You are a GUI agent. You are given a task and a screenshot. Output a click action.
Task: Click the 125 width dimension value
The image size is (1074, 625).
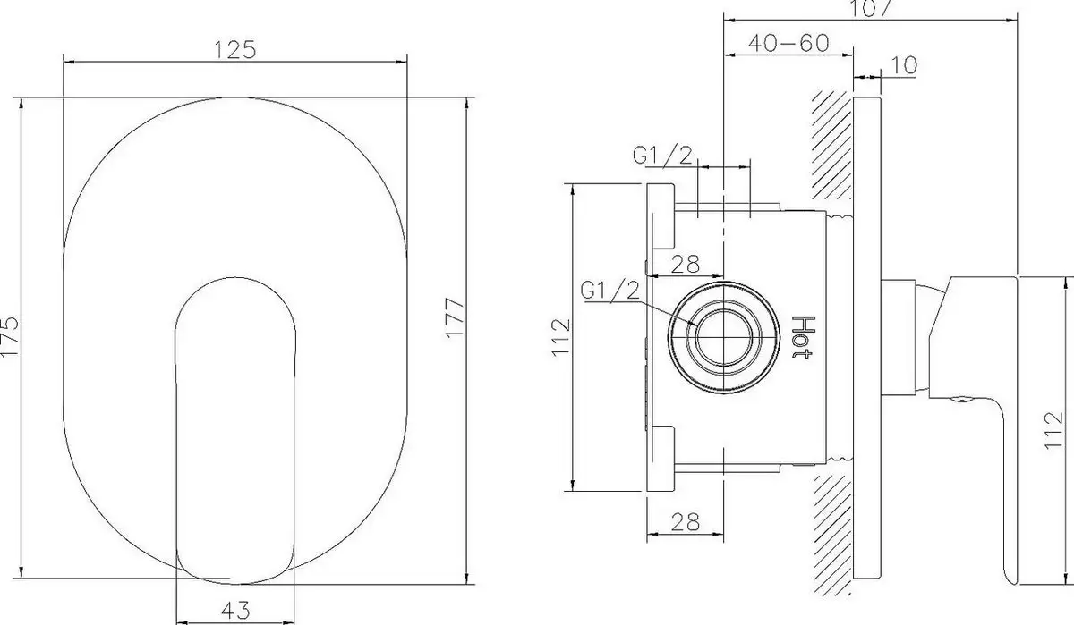235,50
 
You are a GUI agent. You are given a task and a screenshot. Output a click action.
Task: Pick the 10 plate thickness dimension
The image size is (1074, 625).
903,65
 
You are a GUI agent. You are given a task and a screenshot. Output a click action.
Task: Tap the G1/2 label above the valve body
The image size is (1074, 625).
662,156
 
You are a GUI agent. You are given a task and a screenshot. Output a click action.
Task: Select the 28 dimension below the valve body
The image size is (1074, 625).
685,519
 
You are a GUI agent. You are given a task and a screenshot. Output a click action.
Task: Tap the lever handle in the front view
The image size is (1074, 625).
234,429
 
